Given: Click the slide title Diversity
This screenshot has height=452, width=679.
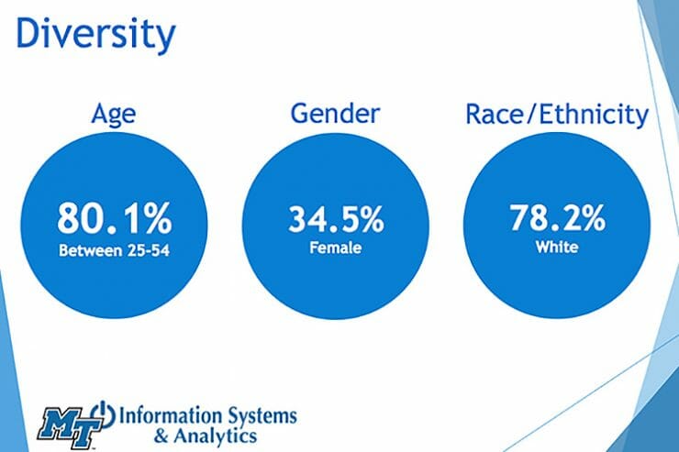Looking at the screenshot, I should coord(95,35).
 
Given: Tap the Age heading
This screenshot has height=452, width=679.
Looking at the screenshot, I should coord(114,116).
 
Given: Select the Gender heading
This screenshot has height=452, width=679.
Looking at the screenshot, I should coord(335,115).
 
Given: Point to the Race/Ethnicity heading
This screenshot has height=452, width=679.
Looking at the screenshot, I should coord(556,116).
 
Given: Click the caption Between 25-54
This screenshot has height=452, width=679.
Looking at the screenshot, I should coord(114,248).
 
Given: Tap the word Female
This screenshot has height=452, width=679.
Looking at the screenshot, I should coord(335,248).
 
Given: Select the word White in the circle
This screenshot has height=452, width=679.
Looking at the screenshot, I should coord(557,248).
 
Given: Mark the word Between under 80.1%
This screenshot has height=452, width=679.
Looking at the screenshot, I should coord(88,248).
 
